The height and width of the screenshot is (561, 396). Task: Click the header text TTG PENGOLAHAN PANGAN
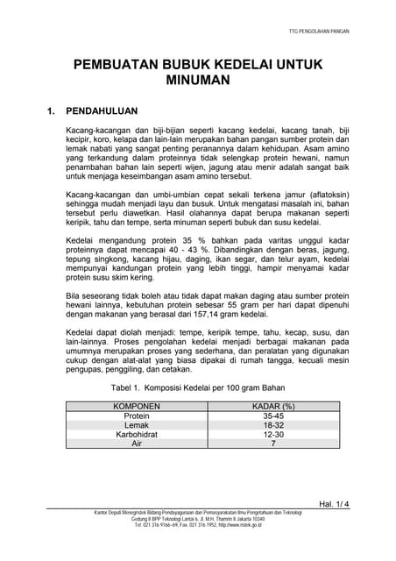point(319,31)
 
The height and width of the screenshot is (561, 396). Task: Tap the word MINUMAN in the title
point(198,80)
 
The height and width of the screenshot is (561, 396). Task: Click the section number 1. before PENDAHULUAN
point(53,112)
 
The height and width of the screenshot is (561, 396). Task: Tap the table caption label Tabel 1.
point(125,387)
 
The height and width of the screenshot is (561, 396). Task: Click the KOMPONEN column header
point(137,407)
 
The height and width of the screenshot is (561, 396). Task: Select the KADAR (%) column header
point(272,407)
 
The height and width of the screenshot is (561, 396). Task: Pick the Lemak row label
point(137,425)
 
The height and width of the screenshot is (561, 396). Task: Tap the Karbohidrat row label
point(137,435)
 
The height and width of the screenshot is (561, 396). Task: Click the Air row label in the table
point(137,444)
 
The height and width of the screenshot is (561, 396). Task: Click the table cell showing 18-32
point(272,425)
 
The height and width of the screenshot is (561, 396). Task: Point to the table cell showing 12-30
point(272,435)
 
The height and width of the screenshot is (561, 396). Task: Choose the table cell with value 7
point(272,444)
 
